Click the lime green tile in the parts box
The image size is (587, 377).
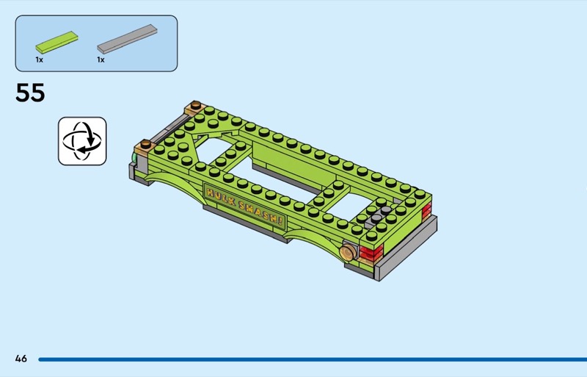point(57,42)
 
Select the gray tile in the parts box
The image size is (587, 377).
point(127,39)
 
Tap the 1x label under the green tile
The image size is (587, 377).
point(40,60)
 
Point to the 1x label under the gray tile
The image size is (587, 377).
point(101,60)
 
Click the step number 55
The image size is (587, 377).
point(30,93)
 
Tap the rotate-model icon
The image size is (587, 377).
point(82,141)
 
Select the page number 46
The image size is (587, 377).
point(21,359)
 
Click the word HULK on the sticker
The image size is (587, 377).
point(220,198)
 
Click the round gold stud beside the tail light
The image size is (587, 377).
point(348,252)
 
